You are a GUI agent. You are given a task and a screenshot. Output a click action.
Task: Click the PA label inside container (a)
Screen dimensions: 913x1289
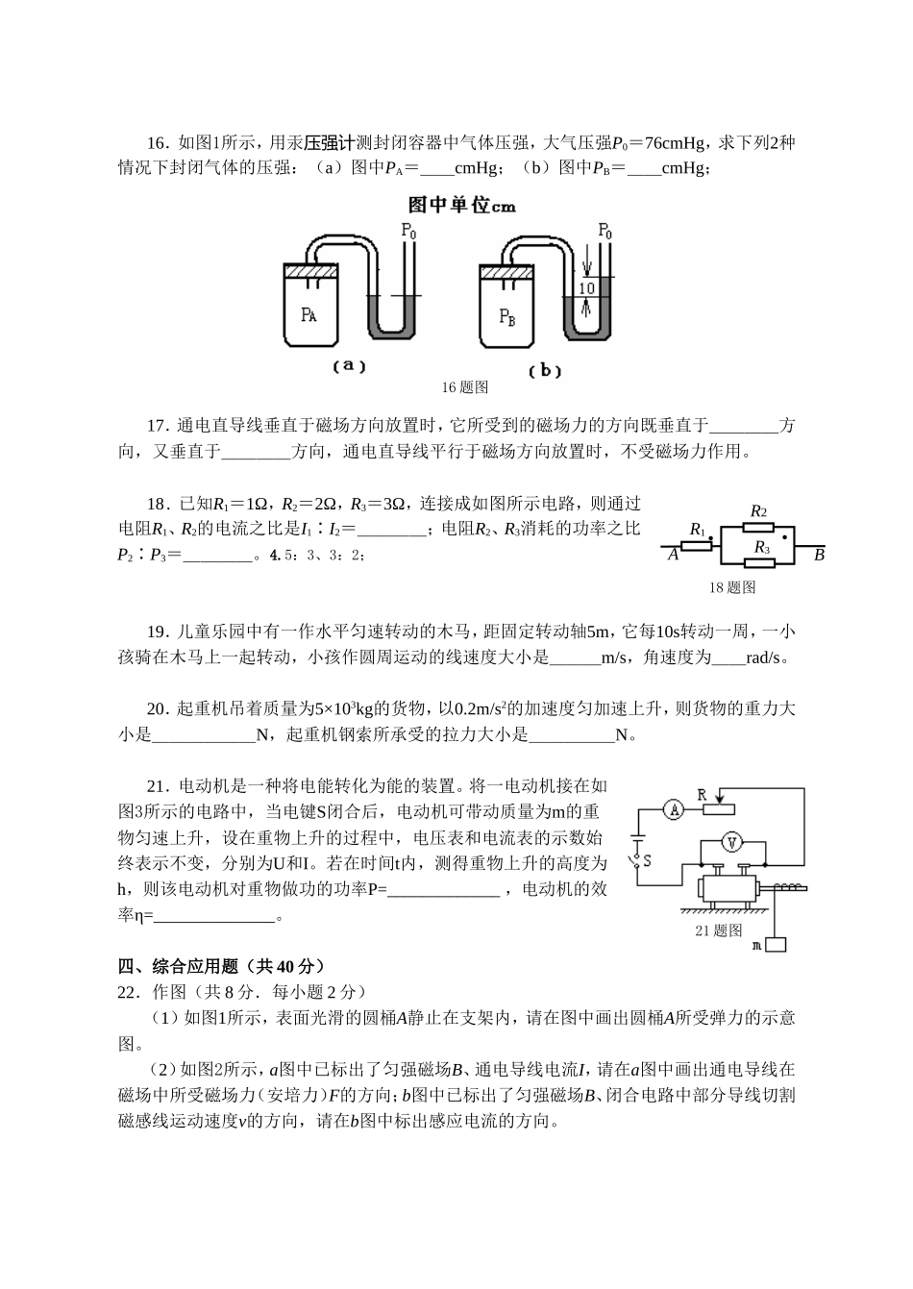tap(308, 315)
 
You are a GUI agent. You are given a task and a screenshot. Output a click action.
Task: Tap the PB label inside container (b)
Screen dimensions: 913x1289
tap(507, 316)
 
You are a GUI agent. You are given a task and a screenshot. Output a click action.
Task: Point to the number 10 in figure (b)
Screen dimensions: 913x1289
tap(586, 288)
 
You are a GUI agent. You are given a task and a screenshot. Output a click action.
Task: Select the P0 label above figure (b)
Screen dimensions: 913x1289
tap(605, 231)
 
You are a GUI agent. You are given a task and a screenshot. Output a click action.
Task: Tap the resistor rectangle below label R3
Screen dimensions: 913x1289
tap(761, 562)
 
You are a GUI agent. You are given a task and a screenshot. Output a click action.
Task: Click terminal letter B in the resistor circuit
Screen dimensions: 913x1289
tap(819, 555)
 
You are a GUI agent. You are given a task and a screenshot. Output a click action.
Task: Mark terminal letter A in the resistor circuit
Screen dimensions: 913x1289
tap(673, 555)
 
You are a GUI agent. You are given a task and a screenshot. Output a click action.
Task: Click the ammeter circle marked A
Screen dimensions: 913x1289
tap(674, 810)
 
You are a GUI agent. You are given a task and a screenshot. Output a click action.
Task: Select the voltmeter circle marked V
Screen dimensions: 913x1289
tap(732, 842)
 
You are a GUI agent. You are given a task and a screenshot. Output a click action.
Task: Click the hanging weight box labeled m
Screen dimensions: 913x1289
tap(775, 944)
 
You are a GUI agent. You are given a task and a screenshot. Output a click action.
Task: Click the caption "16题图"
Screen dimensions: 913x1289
tap(465, 387)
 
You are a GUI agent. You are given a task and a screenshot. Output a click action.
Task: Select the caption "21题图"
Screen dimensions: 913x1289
tap(719, 930)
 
